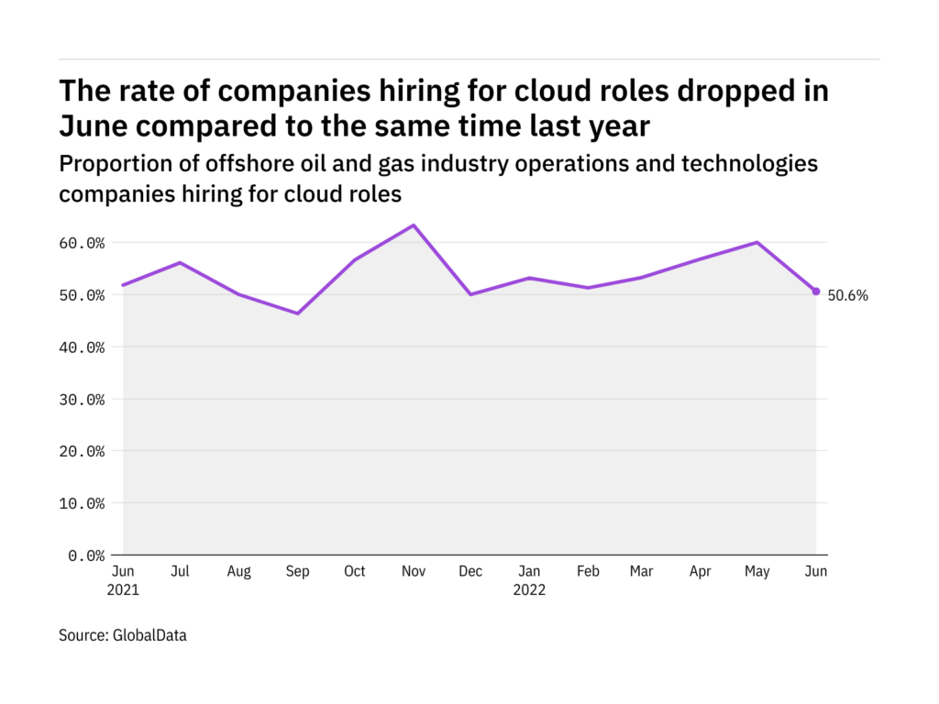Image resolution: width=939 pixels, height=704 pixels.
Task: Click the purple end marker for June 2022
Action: tap(816, 291)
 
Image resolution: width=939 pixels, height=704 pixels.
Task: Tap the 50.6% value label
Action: tap(847, 295)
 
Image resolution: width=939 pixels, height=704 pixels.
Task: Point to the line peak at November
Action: tap(413, 225)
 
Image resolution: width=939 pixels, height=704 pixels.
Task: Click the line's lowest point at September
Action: tap(297, 313)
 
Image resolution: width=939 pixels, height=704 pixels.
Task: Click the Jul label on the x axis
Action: tap(181, 571)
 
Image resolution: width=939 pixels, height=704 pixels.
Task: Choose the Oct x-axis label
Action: tap(354, 571)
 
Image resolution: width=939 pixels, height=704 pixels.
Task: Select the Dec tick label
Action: tap(470, 571)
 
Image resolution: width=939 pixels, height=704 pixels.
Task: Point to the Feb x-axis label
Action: tap(588, 571)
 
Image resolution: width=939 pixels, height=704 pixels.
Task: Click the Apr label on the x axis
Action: tap(700, 571)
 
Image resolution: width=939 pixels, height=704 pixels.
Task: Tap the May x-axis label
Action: tap(757, 571)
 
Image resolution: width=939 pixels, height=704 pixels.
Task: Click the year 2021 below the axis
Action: tap(123, 590)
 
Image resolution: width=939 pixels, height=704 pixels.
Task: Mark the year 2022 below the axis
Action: tap(528, 590)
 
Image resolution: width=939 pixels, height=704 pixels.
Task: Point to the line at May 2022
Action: tap(757, 243)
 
